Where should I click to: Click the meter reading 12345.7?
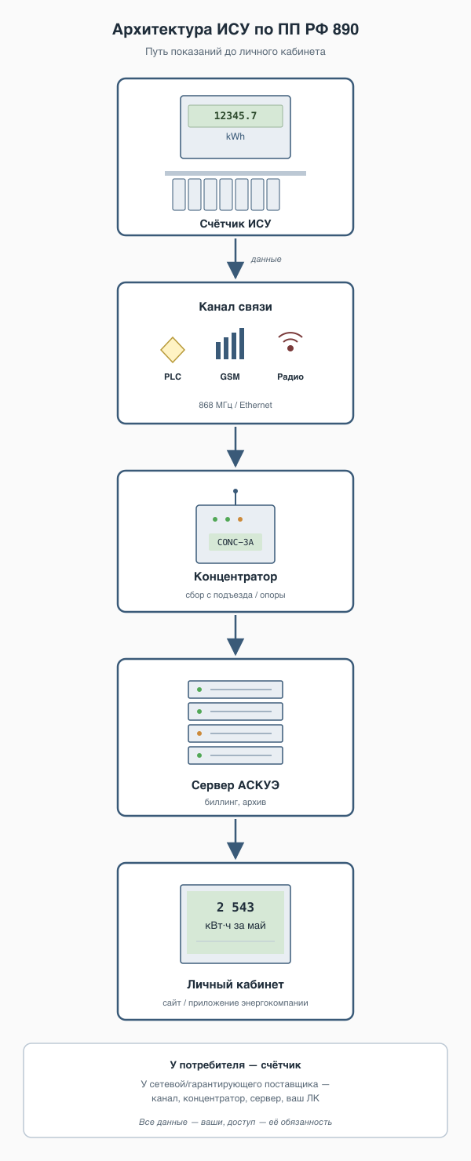point(235,115)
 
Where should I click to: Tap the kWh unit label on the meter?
point(235,136)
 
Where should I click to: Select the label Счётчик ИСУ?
point(235,224)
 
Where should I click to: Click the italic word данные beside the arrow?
point(266,259)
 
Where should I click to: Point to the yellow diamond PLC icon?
point(173,349)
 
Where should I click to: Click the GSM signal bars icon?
point(230,344)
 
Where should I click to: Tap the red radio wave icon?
point(290,341)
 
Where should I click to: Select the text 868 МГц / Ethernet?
point(235,405)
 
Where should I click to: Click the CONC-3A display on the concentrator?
point(235,542)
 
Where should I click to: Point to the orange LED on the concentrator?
point(240,519)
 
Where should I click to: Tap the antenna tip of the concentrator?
point(235,491)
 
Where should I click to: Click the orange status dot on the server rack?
point(199,733)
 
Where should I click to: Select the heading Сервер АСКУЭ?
point(235,785)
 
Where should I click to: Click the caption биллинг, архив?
point(235,802)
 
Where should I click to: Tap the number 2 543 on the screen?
point(235,907)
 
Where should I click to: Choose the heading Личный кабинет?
point(235,984)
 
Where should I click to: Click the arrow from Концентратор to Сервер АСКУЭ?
point(235,635)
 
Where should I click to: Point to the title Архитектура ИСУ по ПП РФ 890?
point(235,29)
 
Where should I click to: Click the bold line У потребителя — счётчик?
point(235,1065)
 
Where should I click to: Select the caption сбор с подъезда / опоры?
point(235,595)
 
